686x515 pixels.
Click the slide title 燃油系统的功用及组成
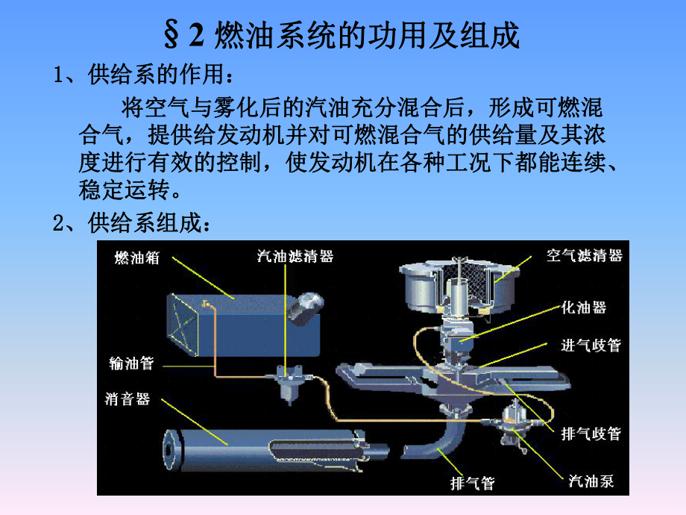342,35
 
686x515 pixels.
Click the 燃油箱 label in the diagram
136,257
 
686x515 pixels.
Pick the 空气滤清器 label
584,256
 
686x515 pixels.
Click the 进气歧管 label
591,346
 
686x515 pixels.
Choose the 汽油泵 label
591,481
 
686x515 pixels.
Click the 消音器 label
128,399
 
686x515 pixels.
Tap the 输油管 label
130,364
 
